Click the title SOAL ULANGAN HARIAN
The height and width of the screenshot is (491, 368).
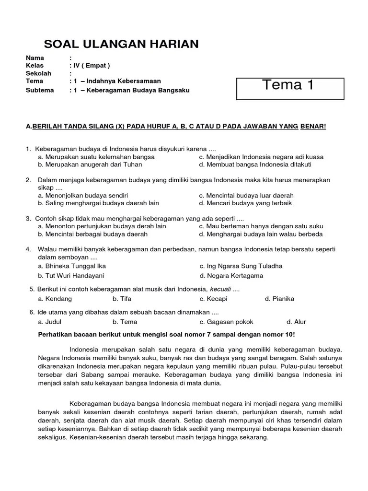coord(121,44)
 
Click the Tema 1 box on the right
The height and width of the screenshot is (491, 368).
coord(290,86)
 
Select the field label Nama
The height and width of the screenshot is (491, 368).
coord(35,58)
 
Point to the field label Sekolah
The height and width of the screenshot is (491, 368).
coord(39,73)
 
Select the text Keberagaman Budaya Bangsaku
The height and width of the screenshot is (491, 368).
coord(138,90)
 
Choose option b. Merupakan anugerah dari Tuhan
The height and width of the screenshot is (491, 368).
coord(90,164)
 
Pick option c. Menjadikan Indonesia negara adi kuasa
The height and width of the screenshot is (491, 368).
coord(261,157)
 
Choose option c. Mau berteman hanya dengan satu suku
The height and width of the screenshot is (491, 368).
coord(261,226)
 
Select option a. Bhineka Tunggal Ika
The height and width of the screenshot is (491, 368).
coord(72,266)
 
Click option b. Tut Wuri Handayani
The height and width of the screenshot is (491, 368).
coord(71,276)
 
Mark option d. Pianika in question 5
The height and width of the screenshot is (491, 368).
coord(279,299)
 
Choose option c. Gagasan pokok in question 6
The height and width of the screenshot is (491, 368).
coord(226,322)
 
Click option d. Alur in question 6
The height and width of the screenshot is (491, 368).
coord(296,322)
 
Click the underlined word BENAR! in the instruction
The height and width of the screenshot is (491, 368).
coord(312,126)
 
